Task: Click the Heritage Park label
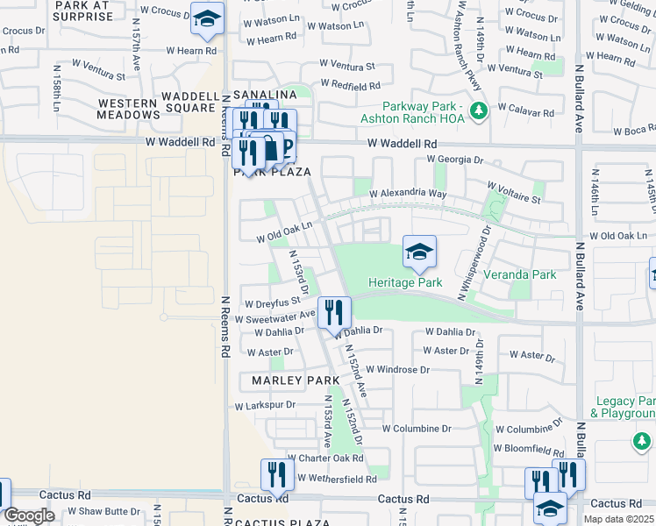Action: [405, 282]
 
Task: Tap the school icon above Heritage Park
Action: [419, 252]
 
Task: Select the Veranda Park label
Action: [524, 274]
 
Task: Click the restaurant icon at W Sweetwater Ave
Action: [334, 311]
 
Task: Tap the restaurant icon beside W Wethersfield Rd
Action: [277, 475]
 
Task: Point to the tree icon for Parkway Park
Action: [479, 110]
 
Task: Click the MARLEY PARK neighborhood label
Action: [295, 380]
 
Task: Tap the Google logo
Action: [29, 515]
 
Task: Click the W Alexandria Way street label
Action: [408, 193]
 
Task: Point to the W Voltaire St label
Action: [514, 198]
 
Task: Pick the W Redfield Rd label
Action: [350, 86]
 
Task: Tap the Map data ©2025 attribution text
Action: [617, 519]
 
